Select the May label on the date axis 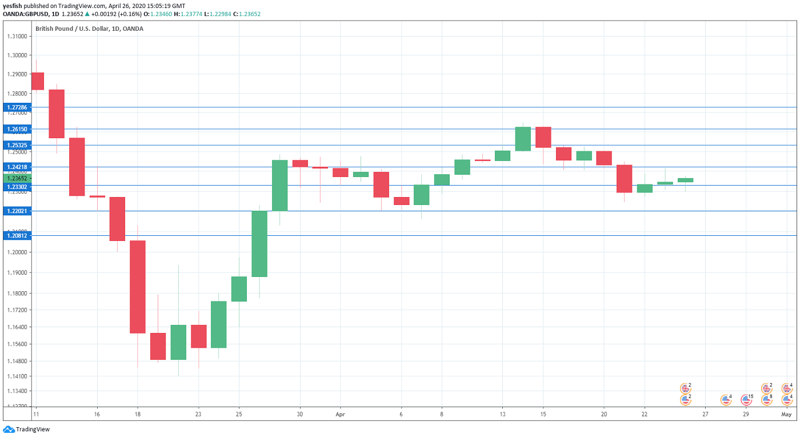pyautogui.click(x=786, y=414)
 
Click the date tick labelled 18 pyautogui.click(x=137, y=414)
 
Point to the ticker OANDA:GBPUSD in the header pyautogui.click(x=26, y=14)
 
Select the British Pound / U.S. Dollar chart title pyautogui.click(x=89, y=29)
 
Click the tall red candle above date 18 pyautogui.click(x=137, y=287)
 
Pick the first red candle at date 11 pyautogui.click(x=38, y=81)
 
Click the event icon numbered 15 pyautogui.click(x=746, y=400)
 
